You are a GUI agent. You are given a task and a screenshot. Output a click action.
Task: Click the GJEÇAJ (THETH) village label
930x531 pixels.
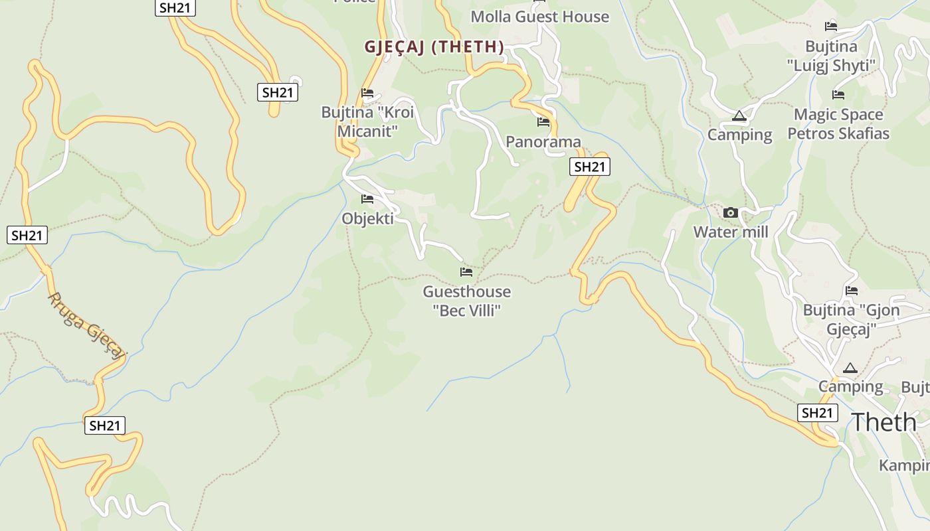434,47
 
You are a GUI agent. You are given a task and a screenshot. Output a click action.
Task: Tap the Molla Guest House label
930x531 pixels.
539,17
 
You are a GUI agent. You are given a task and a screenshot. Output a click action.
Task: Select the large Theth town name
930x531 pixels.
883,422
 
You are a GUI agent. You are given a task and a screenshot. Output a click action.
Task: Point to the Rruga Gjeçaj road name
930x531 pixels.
86,326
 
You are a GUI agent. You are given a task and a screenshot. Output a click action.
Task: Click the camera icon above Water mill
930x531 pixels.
731,213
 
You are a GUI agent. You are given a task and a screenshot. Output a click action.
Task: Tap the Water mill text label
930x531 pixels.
731,232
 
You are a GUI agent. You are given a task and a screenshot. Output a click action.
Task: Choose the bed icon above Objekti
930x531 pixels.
367,199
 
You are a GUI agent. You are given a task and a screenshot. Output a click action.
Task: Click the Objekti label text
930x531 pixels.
367,218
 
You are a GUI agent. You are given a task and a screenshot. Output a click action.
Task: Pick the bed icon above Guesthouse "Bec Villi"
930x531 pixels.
466,272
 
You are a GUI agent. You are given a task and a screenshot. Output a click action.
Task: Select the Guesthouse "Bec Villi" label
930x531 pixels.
467,301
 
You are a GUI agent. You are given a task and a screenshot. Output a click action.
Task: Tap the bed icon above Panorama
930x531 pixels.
543,122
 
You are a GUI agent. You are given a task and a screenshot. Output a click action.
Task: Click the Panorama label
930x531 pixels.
543,141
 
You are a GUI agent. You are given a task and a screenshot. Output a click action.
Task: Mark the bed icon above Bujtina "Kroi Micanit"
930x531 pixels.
367,93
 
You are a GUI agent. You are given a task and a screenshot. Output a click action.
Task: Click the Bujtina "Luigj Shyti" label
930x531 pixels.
831,56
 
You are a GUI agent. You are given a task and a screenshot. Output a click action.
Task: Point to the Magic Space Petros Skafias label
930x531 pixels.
838,124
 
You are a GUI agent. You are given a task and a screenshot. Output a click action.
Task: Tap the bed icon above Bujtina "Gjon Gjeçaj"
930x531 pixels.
852,291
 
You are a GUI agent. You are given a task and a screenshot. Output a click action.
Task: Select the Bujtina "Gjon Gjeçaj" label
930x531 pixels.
852,319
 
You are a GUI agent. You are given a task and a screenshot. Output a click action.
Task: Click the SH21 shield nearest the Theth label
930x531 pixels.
817,413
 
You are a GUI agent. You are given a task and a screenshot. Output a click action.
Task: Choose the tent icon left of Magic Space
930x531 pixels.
739,116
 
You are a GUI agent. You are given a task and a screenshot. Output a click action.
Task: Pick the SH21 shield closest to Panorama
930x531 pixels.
589,167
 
